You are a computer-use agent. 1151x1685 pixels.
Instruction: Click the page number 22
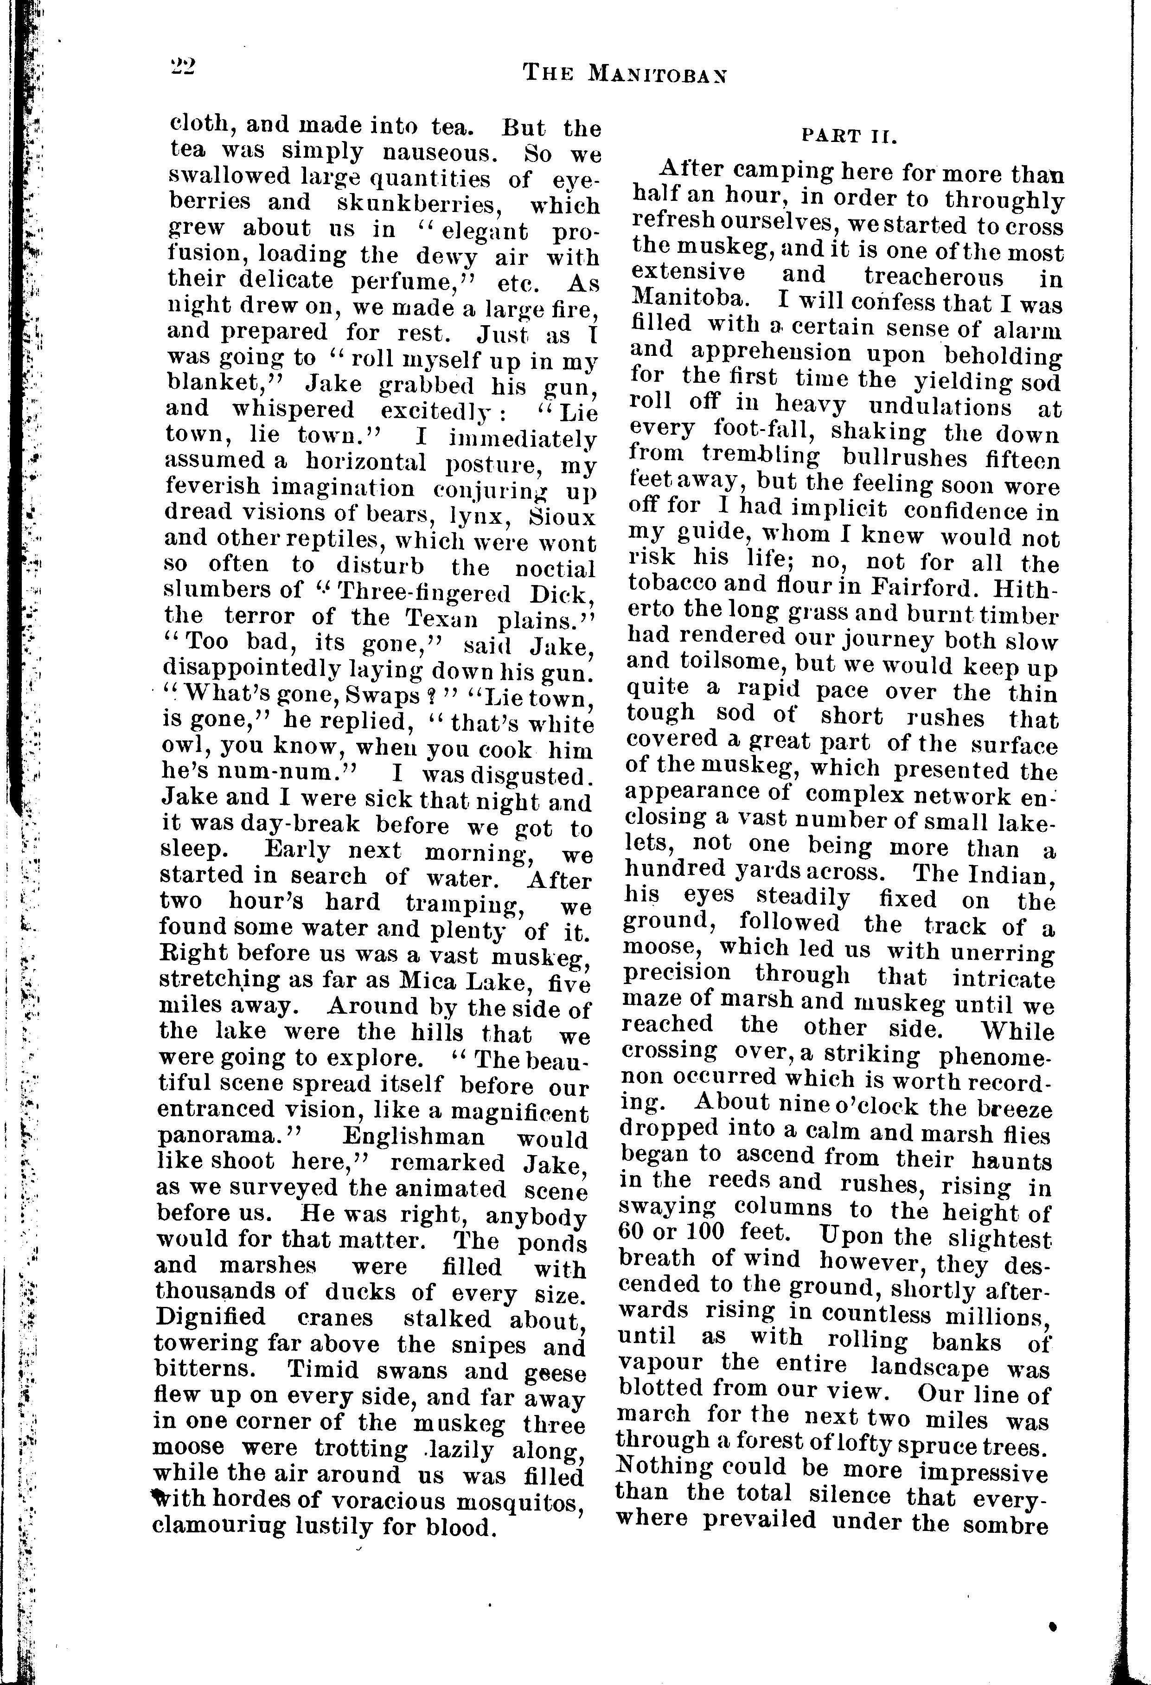point(180,67)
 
